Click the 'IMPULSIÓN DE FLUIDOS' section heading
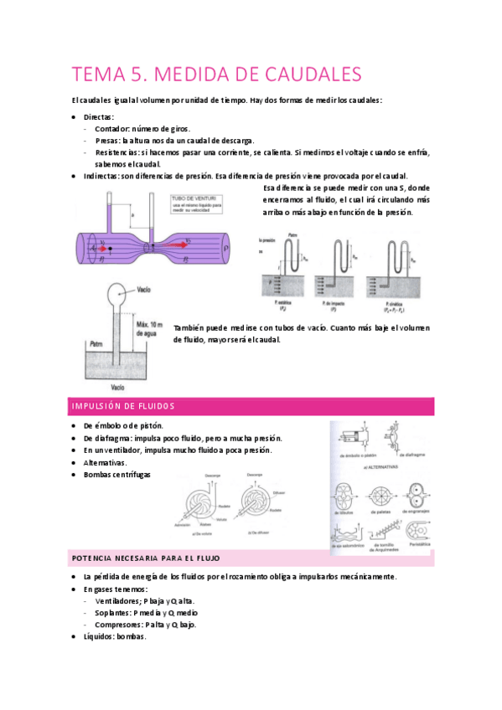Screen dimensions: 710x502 [x=123, y=406]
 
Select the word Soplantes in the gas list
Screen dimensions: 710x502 [x=113, y=612]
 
